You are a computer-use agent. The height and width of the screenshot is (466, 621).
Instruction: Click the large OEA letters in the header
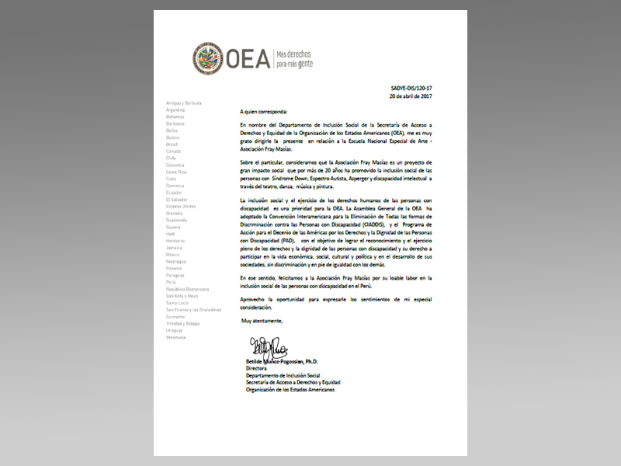click(x=247, y=57)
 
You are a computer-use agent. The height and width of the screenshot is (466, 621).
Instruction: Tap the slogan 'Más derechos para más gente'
click(x=304, y=57)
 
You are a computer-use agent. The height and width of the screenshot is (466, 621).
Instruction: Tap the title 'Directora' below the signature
click(x=257, y=369)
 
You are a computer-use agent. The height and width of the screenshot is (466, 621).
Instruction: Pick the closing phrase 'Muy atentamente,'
click(x=262, y=320)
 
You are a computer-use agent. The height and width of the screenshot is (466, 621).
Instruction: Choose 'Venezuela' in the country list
click(x=175, y=337)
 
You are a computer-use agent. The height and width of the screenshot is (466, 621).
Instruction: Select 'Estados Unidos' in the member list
click(x=181, y=206)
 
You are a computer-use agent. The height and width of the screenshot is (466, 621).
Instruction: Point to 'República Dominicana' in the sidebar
click(x=186, y=289)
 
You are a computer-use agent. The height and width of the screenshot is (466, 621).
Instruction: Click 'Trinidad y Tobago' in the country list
click(x=182, y=323)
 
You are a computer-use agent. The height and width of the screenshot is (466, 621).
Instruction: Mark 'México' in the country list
click(x=174, y=254)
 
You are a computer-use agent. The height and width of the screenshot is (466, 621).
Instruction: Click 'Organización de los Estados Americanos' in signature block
click(x=289, y=389)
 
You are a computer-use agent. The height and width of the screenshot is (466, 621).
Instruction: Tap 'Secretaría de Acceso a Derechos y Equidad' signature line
click(x=292, y=382)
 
